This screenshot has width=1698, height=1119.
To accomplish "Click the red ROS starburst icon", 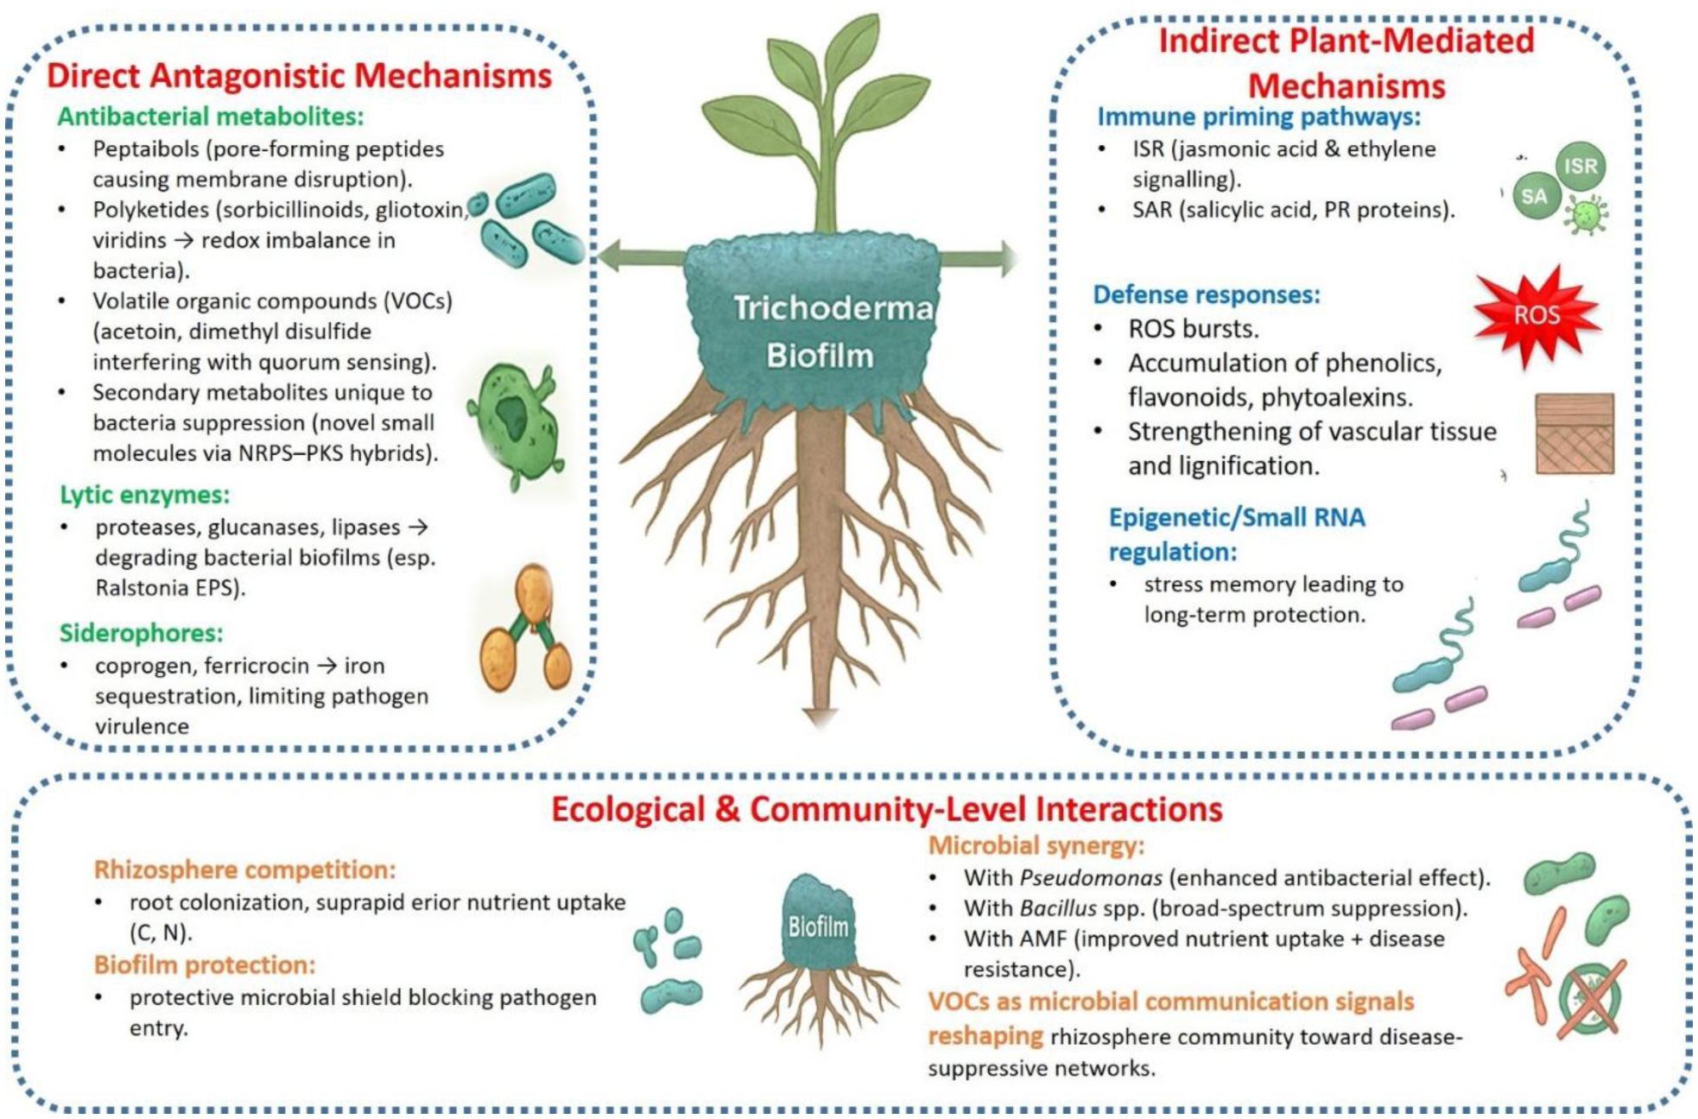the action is pyautogui.click(x=1537, y=315).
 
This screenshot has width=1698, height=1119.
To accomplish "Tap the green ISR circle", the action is pyautogui.click(x=1581, y=167).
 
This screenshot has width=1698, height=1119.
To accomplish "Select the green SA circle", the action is pyautogui.click(x=1535, y=196).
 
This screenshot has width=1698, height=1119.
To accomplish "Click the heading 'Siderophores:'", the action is pyautogui.click(x=141, y=633).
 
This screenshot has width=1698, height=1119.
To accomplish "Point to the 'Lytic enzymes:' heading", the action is pyautogui.click(x=144, y=495).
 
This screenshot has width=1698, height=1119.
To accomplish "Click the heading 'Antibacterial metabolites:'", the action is pyautogui.click(x=211, y=117).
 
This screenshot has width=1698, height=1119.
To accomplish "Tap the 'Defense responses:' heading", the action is pyautogui.click(x=1207, y=295).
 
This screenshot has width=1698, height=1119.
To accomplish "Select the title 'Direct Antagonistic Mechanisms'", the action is pyautogui.click(x=299, y=76).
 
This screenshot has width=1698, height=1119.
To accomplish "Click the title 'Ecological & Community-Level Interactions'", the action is pyautogui.click(x=887, y=809).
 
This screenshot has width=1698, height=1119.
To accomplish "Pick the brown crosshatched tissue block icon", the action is pyautogui.click(x=1574, y=433).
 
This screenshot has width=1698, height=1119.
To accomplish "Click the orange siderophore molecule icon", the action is pyautogui.click(x=526, y=628).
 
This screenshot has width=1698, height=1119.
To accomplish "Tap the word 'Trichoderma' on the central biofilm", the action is pyautogui.click(x=833, y=308).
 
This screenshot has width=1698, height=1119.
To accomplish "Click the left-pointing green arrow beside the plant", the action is pyautogui.click(x=642, y=256).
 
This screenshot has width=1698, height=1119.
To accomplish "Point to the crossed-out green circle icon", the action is pyautogui.click(x=1591, y=999).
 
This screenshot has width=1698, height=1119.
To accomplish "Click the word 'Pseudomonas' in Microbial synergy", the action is pyautogui.click(x=1091, y=878).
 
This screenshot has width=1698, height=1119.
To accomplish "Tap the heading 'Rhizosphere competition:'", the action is pyautogui.click(x=244, y=869).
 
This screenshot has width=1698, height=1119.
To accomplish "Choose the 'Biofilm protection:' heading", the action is pyautogui.click(x=205, y=964).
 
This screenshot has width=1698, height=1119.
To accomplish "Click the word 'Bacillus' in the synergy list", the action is pyautogui.click(x=1058, y=908).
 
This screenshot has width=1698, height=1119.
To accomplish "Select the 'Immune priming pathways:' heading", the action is pyautogui.click(x=1258, y=117).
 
